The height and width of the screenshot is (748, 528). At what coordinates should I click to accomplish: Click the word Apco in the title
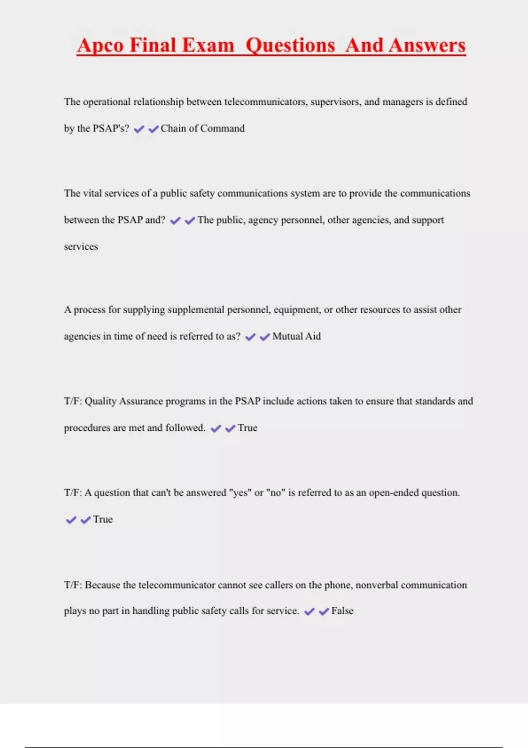click(100, 46)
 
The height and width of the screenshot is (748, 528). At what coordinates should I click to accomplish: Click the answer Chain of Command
click(202, 128)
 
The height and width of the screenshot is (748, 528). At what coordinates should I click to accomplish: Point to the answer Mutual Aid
click(297, 337)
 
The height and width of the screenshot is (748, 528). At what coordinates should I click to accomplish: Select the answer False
click(342, 611)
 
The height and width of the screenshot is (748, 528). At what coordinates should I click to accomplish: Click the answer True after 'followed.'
click(247, 428)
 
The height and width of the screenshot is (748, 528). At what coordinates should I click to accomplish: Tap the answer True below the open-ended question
click(103, 520)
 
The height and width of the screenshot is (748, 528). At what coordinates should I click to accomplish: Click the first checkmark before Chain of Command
click(139, 129)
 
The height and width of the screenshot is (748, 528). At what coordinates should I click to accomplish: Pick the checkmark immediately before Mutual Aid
click(265, 337)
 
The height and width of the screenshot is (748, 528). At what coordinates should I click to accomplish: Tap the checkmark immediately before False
click(324, 612)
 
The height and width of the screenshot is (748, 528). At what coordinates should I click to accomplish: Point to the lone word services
click(81, 247)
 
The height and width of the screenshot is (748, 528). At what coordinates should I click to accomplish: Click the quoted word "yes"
click(240, 493)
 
